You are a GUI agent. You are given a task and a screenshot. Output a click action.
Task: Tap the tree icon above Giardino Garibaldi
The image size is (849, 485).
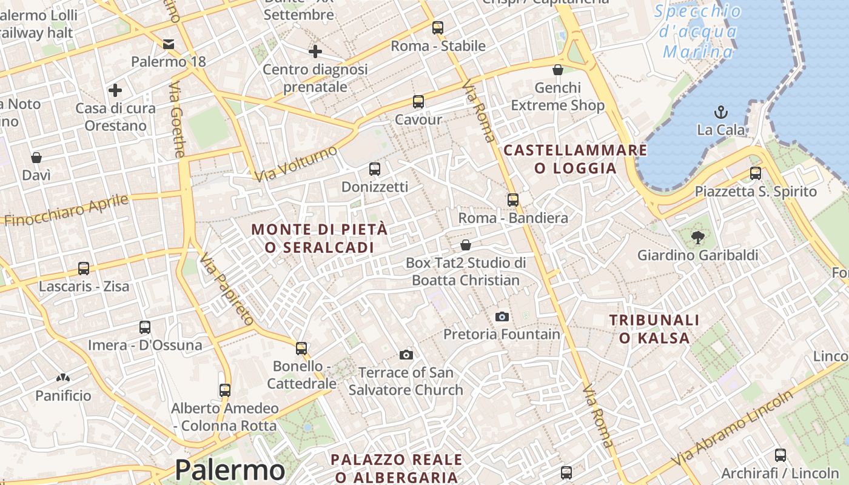coord(697,238)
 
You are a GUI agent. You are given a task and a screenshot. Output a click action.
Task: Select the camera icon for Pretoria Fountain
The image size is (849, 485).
coord(502,316)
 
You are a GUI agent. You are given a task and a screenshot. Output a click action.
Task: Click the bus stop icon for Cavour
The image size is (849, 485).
coord(418,102)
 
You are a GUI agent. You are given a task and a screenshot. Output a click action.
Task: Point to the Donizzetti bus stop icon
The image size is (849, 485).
coord(375,169)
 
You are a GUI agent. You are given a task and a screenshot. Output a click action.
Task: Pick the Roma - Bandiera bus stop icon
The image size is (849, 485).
coord(513,200)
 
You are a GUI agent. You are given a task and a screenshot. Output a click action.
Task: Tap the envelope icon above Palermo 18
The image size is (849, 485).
coord(169,44)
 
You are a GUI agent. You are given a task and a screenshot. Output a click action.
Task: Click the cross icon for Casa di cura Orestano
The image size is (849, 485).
coord(115,91)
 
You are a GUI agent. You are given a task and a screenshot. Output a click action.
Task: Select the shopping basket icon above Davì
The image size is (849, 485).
coord(36,158)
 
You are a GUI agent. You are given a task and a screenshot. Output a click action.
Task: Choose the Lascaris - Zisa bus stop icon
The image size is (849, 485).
coord(84,269)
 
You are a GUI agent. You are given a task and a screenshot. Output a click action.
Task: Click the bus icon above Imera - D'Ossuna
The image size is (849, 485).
coord(145,327)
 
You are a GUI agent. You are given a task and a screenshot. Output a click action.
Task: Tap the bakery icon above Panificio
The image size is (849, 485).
coord(63,378)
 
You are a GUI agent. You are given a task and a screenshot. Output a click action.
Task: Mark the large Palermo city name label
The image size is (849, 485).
coord(230,470)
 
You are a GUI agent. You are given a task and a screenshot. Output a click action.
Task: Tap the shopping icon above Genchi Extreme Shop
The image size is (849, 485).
coord(558,70)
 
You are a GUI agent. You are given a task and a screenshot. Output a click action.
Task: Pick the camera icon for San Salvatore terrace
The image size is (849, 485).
coord(406,355)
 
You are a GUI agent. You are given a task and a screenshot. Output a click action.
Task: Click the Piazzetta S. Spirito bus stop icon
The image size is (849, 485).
coord(756,173)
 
